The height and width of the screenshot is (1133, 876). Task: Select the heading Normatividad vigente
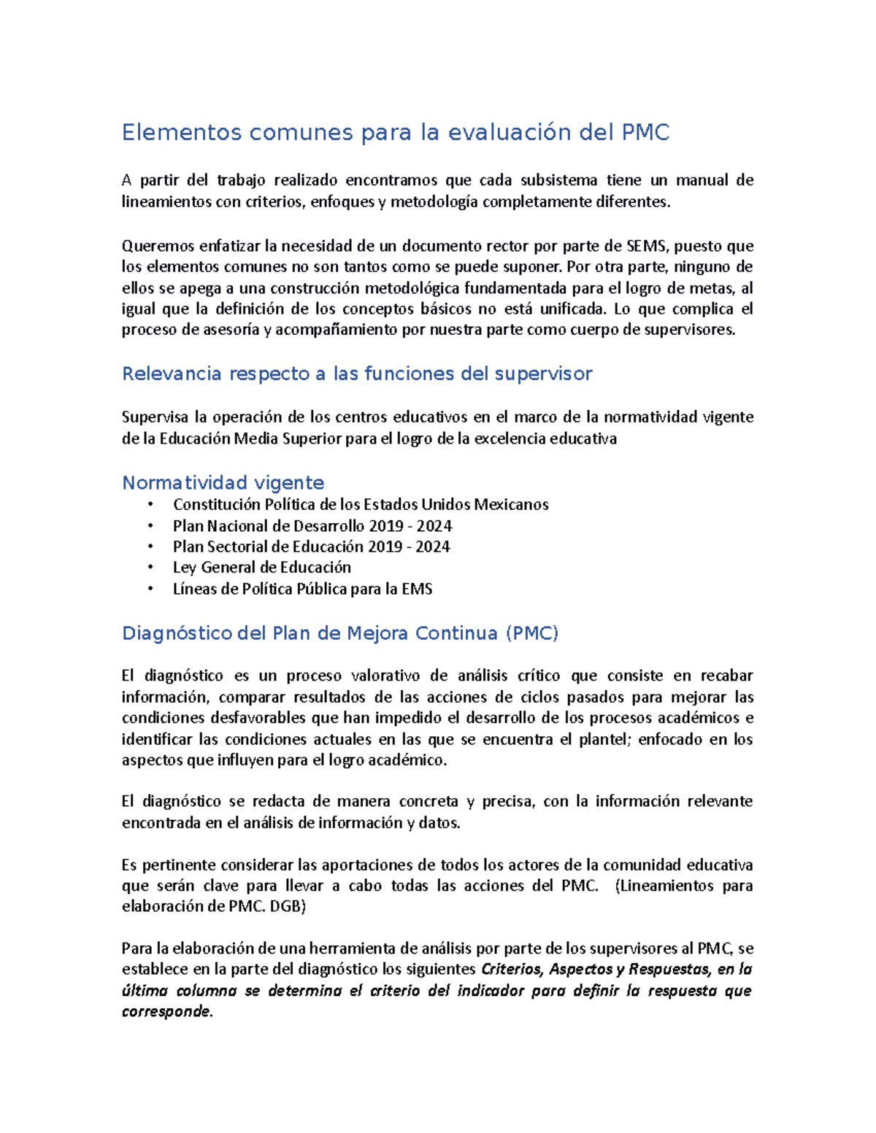(223, 483)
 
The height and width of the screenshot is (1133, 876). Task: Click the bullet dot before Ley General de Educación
(150, 568)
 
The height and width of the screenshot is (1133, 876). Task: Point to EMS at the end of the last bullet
(417, 589)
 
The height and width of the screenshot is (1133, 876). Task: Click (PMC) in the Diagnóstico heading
(531, 633)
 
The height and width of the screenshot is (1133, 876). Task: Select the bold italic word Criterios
(512, 970)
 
